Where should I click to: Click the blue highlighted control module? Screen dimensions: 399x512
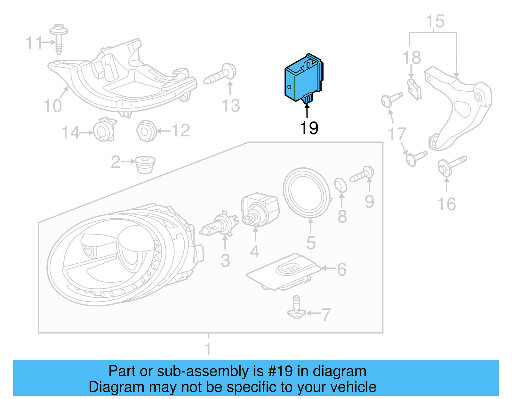click(302, 80)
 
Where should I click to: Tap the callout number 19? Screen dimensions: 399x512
click(309, 128)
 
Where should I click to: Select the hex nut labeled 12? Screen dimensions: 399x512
click(146, 131)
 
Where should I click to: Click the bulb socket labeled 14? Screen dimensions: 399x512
click(104, 131)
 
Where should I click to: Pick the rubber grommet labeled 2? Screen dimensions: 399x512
click(145, 164)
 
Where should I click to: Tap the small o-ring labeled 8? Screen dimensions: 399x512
click(340, 186)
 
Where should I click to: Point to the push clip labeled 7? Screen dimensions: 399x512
click(297, 308)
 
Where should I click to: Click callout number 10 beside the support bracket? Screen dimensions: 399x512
click(52, 106)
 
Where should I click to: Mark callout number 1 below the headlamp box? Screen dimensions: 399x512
click(208, 349)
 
